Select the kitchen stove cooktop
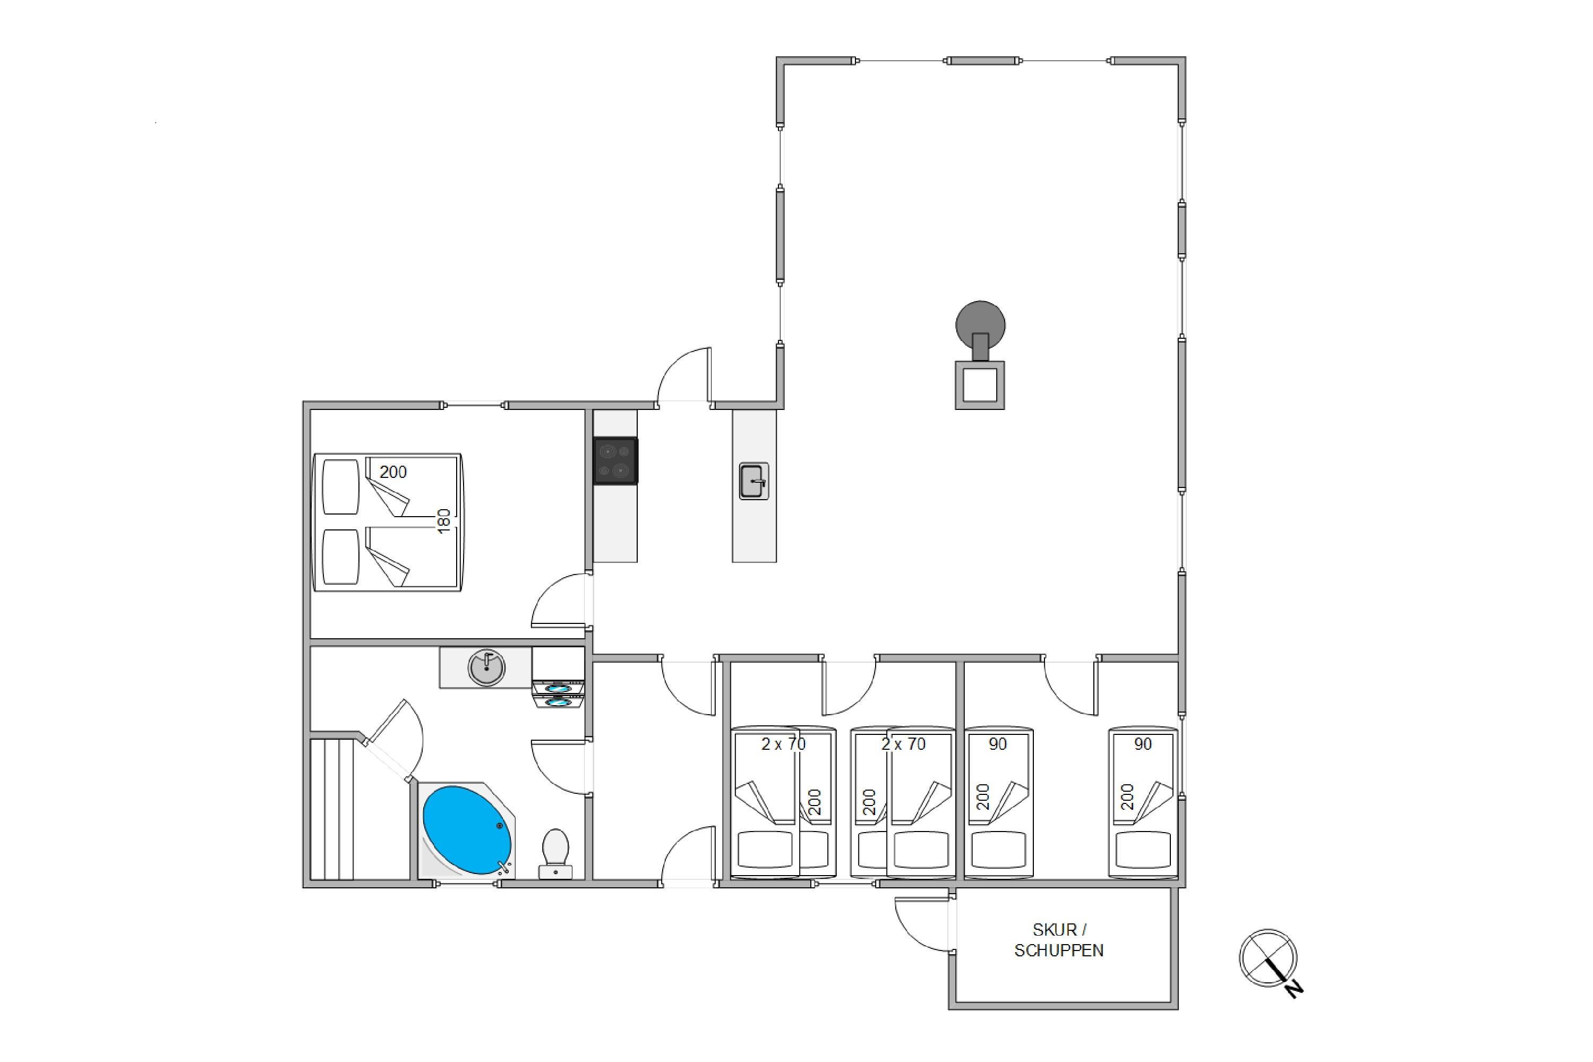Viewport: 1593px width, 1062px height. pyautogui.click(x=615, y=460)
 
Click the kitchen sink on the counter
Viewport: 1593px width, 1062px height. pyautogui.click(x=754, y=482)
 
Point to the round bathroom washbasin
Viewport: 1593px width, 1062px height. pyautogui.click(x=486, y=668)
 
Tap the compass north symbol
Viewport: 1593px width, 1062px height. pyautogui.click(x=1271, y=962)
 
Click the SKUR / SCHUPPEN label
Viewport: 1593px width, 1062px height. pyautogui.click(x=1059, y=940)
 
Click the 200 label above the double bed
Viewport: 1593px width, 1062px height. pyautogui.click(x=393, y=472)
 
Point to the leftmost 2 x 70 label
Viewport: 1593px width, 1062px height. pyautogui.click(x=784, y=744)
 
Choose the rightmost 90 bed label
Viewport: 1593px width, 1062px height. pyautogui.click(x=1143, y=744)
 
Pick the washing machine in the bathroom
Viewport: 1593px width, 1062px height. pyautogui.click(x=558, y=678)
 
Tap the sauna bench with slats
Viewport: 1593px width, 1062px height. pyautogui.click(x=332, y=809)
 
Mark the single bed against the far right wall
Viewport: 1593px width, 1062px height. pyautogui.click(x=1143, y=803)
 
